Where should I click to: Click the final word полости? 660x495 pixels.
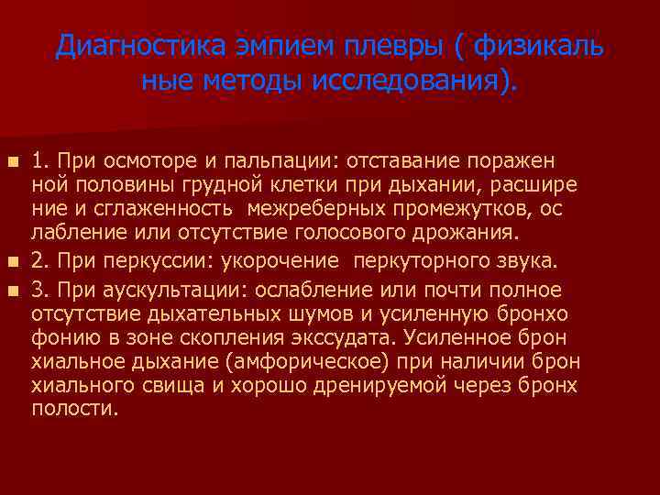pyautogui.click(x=75, y=410)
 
